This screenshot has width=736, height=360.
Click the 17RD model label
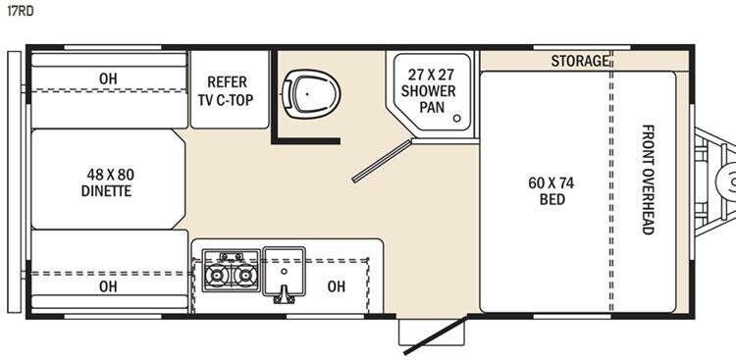pos(20,11)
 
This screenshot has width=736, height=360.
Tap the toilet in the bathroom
pos(310,94)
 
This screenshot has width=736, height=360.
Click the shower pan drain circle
pos(456,119)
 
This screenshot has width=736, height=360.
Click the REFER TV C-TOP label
pos(227,90)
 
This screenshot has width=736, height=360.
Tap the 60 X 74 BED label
pos(552,191)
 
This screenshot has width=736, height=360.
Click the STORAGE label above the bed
pos(580,61)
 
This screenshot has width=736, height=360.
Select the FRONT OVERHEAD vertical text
pos(648,180)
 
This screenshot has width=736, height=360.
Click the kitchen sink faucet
pos(284,293)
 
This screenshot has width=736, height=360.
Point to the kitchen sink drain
pos(284,271)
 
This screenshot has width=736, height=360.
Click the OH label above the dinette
pos(108,78)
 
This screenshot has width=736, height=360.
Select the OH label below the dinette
pos(108,286)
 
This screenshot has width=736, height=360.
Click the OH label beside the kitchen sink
pos(336,286)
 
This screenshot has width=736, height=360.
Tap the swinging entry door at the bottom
pos(436,335)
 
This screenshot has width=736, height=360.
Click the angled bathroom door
pos(382,161)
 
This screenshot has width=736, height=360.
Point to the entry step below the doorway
pos(431,332)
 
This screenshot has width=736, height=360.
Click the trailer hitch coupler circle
pos(728,180)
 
